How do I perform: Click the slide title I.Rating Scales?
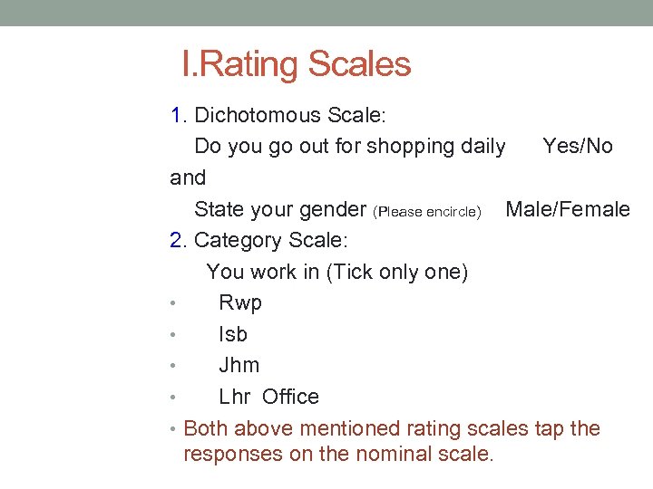tap(296, 64)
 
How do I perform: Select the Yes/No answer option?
tap(577, 146)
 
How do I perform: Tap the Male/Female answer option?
tap(567, 209)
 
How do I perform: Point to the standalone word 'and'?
tap(188, 177)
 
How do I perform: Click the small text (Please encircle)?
tap(427, 212)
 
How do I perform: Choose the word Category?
tap(238, 240)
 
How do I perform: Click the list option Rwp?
tap(240, 302)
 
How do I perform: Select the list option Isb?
tap(233, 334)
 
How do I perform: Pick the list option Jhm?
tap(239, 365)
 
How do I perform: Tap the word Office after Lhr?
tap(290, 397)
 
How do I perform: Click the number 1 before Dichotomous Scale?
tap(177, 115)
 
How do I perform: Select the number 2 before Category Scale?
tap(177, 240)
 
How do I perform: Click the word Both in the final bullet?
tap(205, 428)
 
